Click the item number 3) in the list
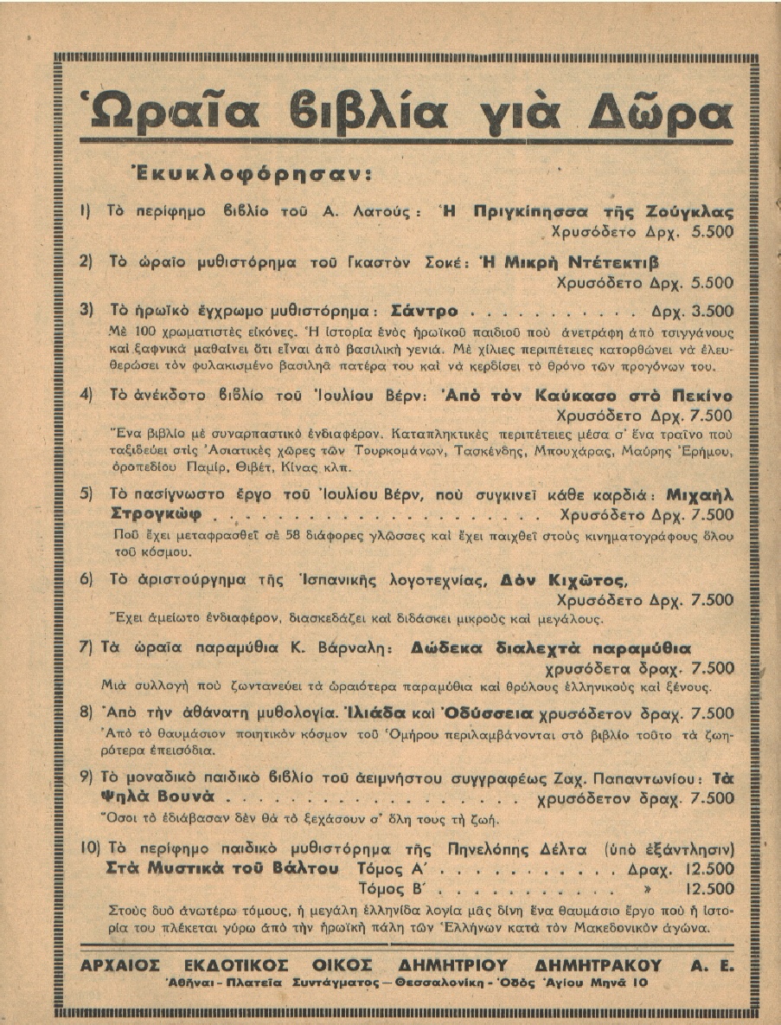86,309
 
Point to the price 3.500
710,310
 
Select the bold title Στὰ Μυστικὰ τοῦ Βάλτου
221,868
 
